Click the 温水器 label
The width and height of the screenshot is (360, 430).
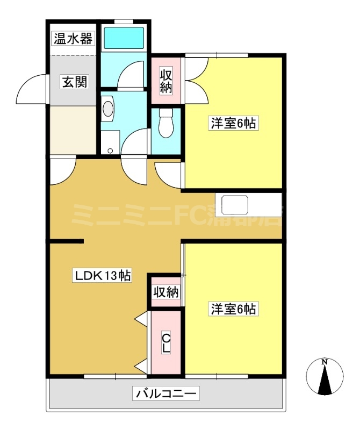pos(72,39)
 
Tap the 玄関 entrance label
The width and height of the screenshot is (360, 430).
pos(72,82)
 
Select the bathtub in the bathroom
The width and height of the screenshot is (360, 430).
pos(124,38)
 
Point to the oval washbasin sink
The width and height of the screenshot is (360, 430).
pos(108,108)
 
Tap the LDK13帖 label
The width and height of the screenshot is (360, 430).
pos(103,277)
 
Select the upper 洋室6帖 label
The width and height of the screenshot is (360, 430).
pos(233,124)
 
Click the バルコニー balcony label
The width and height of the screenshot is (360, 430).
pos(166,393)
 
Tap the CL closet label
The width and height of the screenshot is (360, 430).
pos(167,343)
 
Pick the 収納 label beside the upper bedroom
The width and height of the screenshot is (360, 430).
pos(167,81)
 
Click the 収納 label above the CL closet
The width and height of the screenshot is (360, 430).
pos(166,292)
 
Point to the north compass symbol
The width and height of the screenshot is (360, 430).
pos(325,377)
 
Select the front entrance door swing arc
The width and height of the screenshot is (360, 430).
pos(31,89)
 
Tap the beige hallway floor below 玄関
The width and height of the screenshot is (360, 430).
pos(72,129)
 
